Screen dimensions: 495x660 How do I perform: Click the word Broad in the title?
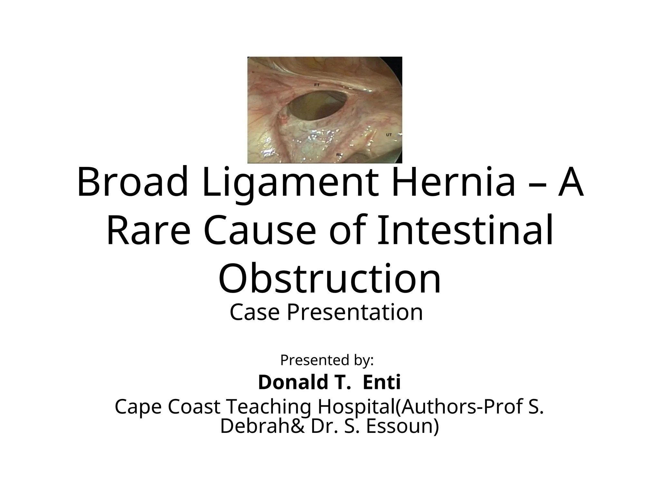tap(132, 182)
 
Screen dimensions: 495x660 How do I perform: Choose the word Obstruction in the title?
tap(330, 279)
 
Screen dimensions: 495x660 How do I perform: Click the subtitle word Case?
tap(254, 312)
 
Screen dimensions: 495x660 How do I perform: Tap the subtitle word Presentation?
tap(355, 312)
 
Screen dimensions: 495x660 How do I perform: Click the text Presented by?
tap(327, 360)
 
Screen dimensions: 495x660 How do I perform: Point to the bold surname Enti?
tap(382, 383)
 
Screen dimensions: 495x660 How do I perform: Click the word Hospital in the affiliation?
tap(356, 407)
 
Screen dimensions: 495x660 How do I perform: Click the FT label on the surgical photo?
tap(317, 85)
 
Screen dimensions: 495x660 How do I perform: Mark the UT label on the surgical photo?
tap(389, 135)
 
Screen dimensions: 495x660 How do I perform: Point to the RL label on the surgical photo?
tap(339, 155)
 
